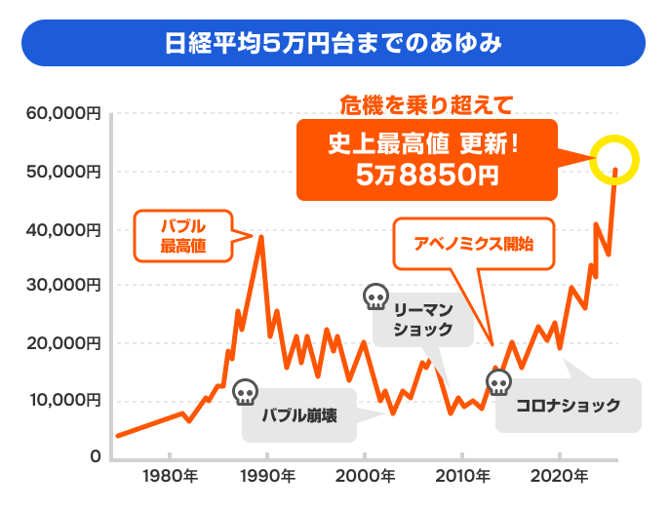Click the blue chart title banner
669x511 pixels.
(x=334, y=45)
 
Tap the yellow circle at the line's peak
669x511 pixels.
(x=614, y=159)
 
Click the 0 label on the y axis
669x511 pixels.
(x=96, y=456)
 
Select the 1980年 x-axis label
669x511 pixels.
(x=170, y=477)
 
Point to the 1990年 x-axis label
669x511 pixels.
(x=266, y=477)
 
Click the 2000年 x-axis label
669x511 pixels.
(x=364, y=477)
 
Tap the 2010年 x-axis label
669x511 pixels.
(x=461, y=477)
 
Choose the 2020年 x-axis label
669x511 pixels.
(x=559, y=477)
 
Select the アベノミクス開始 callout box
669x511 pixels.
(x=473, y=243)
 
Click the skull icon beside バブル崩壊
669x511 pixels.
(x=246, y=392)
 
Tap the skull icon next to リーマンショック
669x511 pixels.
(x=375, y=296)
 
